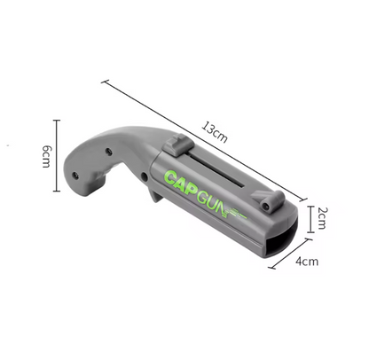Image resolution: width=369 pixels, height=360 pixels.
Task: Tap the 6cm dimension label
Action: tap(43, 159)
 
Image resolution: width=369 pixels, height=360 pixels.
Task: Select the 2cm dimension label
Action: tap(323, 215)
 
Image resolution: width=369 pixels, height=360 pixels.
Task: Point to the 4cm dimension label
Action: tap(307, 261)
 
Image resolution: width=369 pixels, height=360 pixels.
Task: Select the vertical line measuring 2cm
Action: tap(308, 216)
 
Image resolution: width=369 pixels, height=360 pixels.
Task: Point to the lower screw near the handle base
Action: tap(75, 176)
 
